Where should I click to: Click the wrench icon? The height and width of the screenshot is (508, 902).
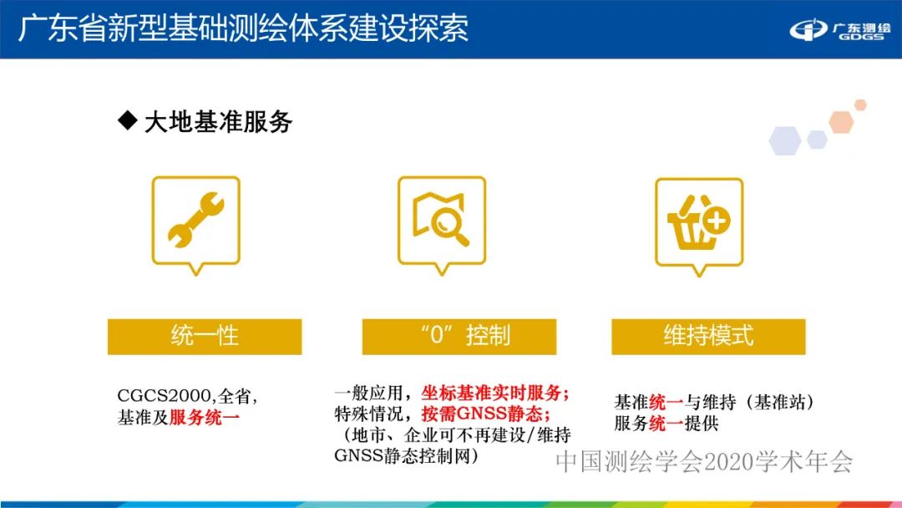(195, 221)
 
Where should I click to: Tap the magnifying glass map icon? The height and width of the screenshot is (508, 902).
(441, 221)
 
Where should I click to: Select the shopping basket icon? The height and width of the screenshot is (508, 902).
(698, 221)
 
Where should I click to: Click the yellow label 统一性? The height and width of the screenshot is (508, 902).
(205, 336)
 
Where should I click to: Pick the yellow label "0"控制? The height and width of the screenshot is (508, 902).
(459, 336)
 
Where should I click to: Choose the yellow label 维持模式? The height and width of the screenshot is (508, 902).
(708, 336)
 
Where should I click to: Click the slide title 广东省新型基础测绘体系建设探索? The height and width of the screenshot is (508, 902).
(243, 28)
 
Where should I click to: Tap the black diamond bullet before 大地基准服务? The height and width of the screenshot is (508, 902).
(127, 121)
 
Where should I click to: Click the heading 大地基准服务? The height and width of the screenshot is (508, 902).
(218, 122)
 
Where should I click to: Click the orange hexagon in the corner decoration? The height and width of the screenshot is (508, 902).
(840, 123)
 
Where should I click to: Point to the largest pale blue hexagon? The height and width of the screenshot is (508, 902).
(785, 140)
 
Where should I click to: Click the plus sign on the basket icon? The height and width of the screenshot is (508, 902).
(717, 221)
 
